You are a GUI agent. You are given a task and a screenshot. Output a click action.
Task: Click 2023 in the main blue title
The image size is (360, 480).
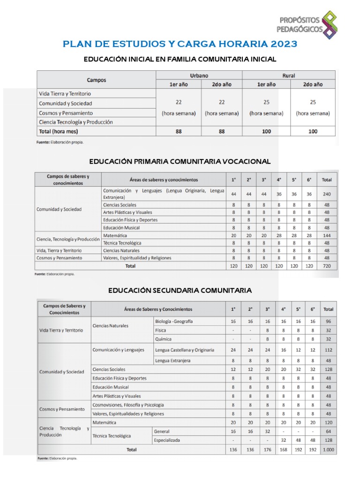283,44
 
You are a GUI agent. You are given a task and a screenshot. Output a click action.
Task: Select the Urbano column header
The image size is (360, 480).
199,75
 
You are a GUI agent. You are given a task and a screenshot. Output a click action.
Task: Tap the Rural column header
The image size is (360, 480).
289,75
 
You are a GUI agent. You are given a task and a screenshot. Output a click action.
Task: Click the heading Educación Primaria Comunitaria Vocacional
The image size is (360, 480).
180,161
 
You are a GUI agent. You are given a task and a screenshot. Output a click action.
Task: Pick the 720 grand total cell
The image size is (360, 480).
327,266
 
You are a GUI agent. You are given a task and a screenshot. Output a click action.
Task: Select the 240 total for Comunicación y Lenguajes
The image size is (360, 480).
327,194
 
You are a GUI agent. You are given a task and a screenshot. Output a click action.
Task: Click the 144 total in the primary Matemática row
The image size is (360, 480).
327,235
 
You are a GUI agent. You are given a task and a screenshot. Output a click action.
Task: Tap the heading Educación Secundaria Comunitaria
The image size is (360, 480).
180,290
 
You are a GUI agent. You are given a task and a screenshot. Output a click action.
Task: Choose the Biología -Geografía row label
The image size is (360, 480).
173,322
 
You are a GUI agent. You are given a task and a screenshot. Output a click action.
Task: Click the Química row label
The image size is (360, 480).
163,339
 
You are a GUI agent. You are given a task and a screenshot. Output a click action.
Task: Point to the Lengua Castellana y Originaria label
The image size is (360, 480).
185,350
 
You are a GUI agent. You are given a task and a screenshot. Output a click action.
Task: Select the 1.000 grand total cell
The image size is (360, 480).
329,450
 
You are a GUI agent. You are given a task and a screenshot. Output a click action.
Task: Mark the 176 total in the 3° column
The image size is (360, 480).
268,450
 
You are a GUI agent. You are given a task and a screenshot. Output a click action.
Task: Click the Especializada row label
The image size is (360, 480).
167,440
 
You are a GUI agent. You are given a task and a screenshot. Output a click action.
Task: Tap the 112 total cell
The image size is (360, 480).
329,350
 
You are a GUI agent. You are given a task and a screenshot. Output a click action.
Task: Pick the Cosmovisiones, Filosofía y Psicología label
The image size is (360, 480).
128,405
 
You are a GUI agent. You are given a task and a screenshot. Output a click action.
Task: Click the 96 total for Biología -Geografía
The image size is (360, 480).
329,322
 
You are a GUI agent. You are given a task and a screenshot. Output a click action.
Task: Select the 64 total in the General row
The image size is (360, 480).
329,431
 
